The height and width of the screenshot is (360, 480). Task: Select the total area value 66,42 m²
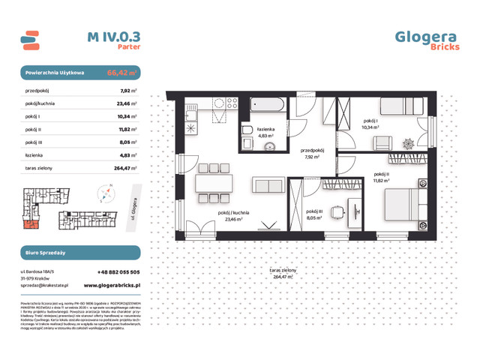[x=121, y=73]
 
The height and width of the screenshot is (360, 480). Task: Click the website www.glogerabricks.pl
[x=111, y=285]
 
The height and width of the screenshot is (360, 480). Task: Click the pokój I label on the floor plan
[x=371, y=121]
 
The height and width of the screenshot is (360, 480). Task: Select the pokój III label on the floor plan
[x=313, y=212]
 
